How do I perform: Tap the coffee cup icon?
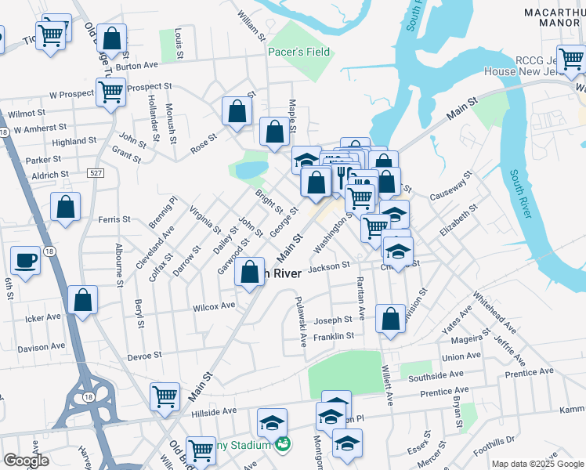[26, 262]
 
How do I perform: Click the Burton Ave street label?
[137, 67]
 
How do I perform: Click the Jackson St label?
[329, 267]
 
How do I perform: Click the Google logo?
[26, 461]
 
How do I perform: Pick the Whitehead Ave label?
[494, 315]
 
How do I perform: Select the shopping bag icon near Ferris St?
[66, 208]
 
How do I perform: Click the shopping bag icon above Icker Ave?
[82, 300]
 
